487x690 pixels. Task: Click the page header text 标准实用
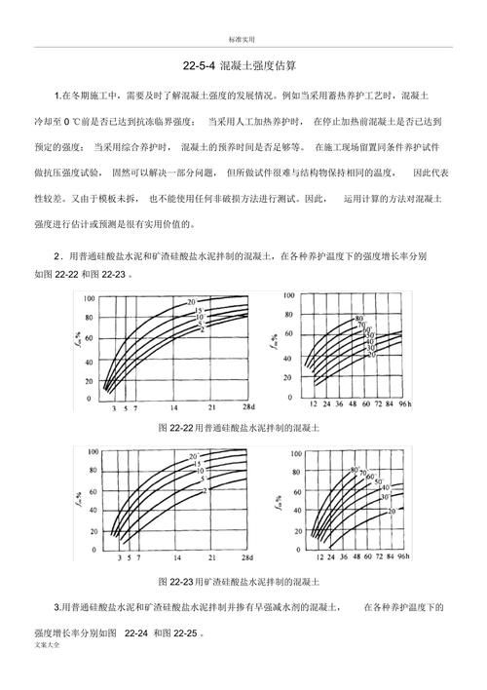242,38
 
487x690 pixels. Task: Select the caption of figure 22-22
244,427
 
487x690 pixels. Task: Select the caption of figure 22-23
244,582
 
